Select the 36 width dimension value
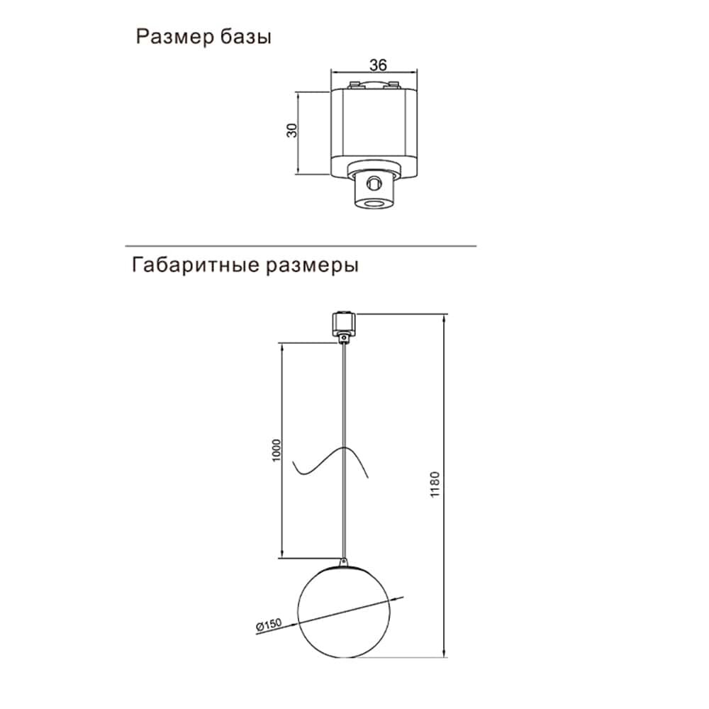378,65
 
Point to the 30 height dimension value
291,131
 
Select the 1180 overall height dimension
435,484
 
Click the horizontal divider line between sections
301,246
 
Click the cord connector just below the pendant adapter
345,340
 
